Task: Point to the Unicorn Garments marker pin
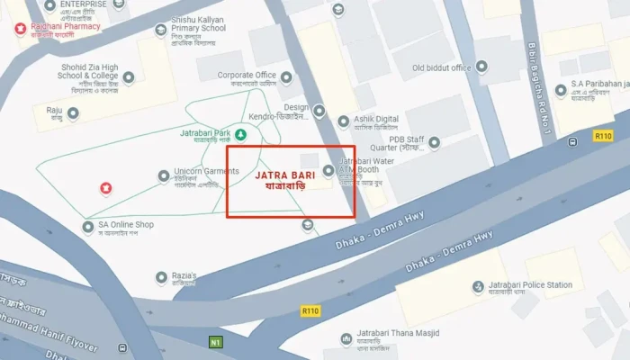click(x=164, y=175)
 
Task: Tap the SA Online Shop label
click(x=126, y=224)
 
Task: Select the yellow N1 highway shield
click(x=214, y=342)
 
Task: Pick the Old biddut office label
click(x=441, y=67)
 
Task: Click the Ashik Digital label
click(x=374, y=119)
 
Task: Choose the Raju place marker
click(x=74, y=113)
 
